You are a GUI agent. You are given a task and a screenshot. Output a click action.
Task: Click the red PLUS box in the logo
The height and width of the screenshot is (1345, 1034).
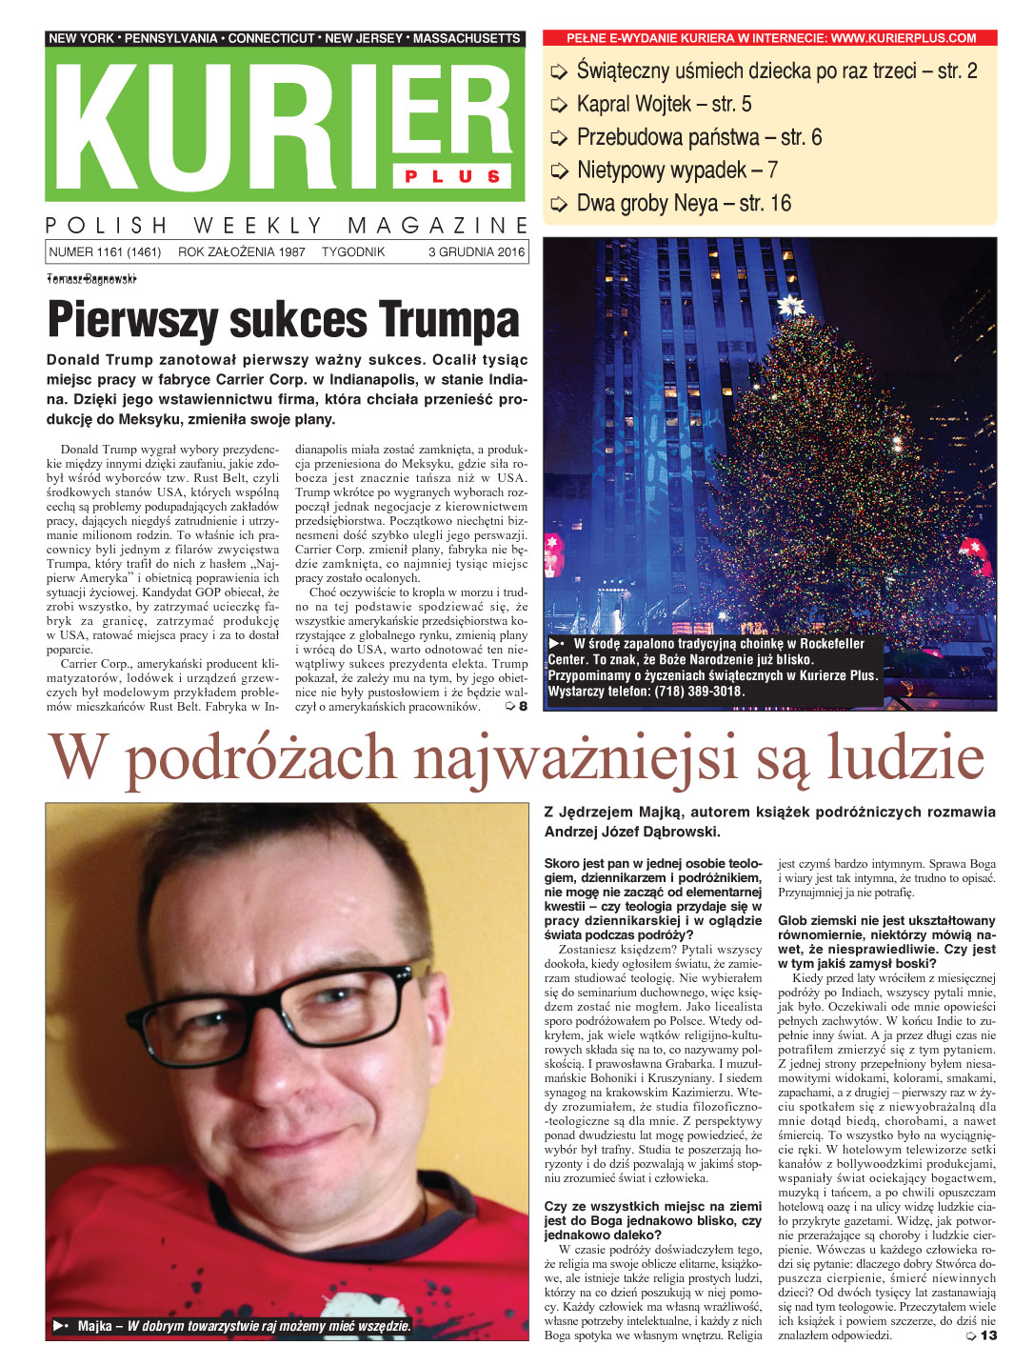tap(452, 176)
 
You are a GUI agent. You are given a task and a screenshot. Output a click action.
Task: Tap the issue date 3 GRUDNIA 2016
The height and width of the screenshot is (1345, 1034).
tap(476, 252)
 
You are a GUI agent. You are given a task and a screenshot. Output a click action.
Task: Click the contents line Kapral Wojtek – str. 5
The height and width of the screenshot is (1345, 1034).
tap(664, 104)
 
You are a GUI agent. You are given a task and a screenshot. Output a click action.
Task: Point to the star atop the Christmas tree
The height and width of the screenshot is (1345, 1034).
tap(789, 307)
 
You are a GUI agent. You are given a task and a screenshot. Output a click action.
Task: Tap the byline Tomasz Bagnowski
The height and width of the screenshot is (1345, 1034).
tap(91, 278)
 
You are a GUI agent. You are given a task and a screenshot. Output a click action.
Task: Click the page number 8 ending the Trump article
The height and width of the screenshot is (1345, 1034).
tap(522, 707)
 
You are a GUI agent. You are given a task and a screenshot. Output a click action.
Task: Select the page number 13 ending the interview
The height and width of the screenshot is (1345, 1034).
tap(988, 1335)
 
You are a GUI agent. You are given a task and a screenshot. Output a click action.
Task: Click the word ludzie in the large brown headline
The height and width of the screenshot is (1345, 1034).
tap(905, 758)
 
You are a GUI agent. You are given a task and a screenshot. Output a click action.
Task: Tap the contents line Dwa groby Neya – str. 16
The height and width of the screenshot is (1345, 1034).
tap(684, 203)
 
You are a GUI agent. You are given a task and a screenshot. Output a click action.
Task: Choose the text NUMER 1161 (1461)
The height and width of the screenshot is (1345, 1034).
tap(105, 252)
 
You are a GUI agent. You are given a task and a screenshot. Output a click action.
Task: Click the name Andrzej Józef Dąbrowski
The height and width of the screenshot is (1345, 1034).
tap(632, 832)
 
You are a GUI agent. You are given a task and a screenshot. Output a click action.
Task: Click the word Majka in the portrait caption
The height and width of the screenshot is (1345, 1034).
tap(95, 1326)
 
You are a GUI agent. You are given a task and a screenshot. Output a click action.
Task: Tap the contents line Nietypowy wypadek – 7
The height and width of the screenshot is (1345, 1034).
tap(677, 171)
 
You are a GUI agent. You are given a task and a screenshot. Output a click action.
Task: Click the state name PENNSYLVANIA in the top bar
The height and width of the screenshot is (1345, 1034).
tap(170, 38)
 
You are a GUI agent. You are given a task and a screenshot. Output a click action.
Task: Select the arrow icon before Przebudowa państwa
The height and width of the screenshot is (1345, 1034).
tap(559, 138)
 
